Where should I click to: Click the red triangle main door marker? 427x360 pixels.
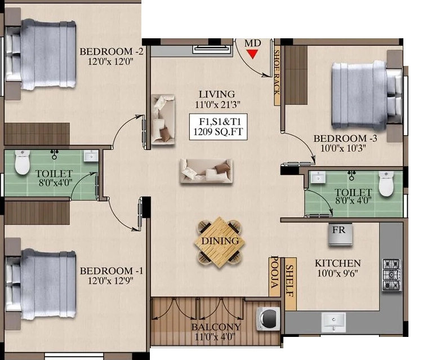point(253,54)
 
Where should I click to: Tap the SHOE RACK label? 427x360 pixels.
point(277,72)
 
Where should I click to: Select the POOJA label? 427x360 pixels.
point(274,272)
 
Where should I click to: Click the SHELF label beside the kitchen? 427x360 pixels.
point(290,281)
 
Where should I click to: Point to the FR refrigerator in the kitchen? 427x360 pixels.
point(340,235)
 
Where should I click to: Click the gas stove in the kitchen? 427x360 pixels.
point(392,274)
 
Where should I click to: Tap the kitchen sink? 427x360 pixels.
point(333,322)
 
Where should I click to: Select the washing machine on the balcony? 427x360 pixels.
point(268,319)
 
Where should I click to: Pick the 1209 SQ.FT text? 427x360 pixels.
point(218,132)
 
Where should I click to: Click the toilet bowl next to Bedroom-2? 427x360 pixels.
point(22,162)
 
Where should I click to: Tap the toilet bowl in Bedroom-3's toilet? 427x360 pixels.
point(386,184)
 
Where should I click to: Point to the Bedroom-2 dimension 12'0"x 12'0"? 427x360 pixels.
point(110,61)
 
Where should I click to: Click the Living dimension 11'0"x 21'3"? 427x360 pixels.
point(217,105)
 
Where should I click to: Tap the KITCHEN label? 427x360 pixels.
point(337,263)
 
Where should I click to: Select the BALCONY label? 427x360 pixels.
point(216,327)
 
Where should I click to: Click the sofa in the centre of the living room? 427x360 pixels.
point(206,171)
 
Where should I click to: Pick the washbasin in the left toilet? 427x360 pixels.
point(91,155)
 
